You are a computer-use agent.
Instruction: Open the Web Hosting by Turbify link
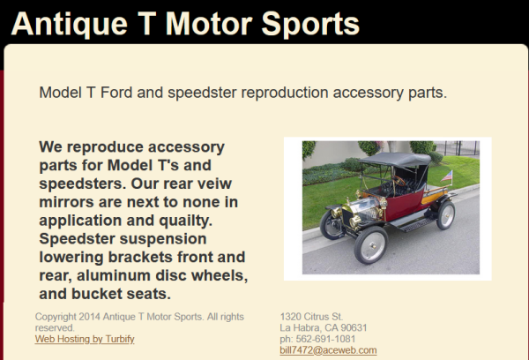point(85,339)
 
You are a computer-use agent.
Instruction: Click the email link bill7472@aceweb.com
point(328,350)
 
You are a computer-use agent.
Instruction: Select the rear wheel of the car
point(445,214)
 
